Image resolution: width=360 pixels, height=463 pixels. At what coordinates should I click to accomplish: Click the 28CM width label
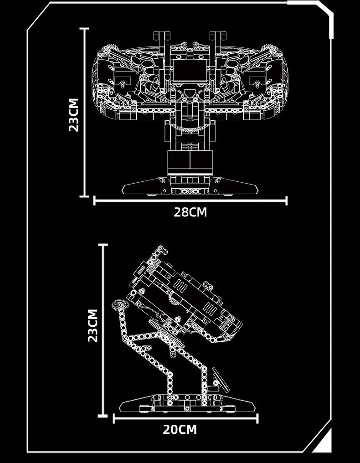click(x=190, y=212)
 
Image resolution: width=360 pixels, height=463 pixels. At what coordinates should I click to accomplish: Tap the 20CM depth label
click(x=180, y=429)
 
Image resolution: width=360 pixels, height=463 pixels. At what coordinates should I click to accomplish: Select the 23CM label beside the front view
click(x=73, y=114)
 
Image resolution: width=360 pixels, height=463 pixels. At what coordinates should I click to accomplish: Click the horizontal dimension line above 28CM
click(x=190, y=200)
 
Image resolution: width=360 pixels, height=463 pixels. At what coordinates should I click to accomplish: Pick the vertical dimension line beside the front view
click(x=84, y=112)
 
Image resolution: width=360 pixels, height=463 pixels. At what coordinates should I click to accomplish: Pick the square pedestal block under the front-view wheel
click(x=190, y=162)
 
